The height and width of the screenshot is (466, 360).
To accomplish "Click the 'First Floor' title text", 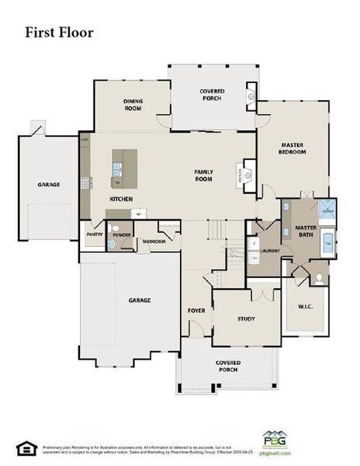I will click(x=59, y=33).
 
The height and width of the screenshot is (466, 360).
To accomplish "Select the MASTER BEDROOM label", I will click(x=292, y=148).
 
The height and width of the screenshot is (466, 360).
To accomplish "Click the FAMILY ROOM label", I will click(x=203, y=175).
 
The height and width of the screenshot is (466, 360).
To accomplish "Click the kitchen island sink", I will click(x=116, y=167).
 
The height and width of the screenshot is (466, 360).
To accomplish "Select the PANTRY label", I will click(x=95, y=233).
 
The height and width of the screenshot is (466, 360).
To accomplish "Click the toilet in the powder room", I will click(x=112, y=242).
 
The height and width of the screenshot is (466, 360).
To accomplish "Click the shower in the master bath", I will click(x=327, y=209).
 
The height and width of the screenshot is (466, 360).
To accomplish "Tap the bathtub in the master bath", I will click(x=327, y=243).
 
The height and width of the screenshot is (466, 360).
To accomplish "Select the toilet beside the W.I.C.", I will click(x=318, y=277).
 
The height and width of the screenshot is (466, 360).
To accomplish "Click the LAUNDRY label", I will click(x=269, y=251).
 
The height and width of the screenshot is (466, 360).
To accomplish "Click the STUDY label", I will click(x=247, y=318).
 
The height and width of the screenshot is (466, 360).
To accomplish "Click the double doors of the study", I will click(x=262, y=294).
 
